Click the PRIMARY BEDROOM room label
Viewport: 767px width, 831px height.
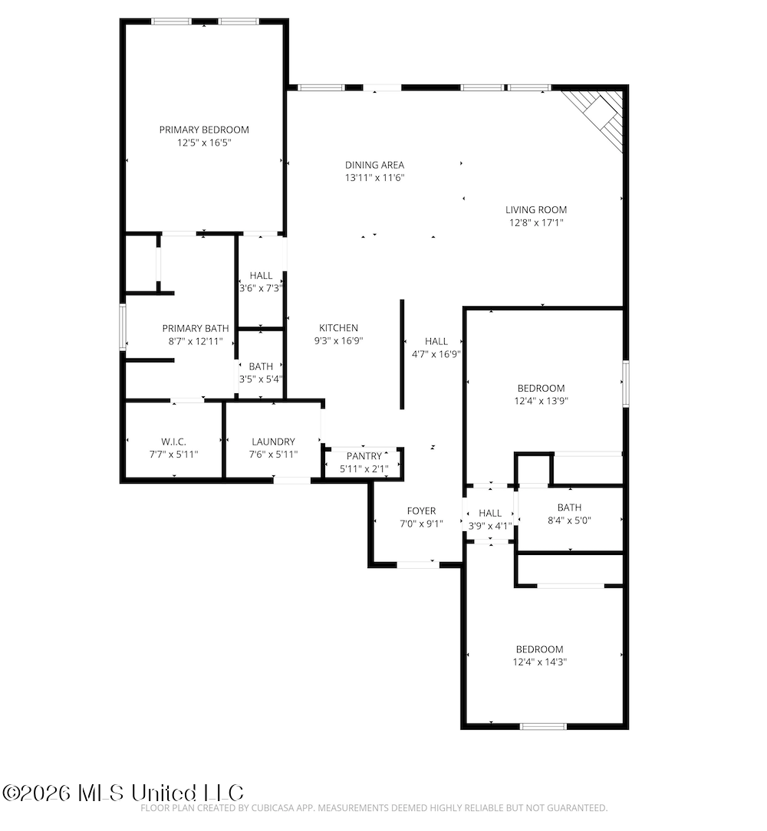(204, 130)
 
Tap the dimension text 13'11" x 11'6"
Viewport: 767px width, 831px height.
(374, 178)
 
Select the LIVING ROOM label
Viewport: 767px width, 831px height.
(535, 210)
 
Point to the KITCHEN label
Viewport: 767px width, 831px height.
(338, 328)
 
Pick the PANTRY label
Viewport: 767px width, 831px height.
(364, 456)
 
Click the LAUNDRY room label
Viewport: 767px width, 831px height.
(273, 442)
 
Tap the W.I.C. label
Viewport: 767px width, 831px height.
(173, 442)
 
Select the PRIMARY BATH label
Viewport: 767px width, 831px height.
(196, 329)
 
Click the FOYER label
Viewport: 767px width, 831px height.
(421, 511)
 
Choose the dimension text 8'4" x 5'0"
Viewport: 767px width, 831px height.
(569, 521)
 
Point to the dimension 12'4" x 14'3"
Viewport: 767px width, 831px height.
(540, 662)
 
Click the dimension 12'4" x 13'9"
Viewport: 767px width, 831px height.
(541, 401)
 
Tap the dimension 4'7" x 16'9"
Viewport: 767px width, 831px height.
(436, 354)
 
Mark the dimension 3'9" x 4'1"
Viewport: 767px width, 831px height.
(490, 526)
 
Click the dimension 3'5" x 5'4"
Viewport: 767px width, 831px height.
(261, 379)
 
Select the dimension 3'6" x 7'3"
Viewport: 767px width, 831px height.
(261, 288)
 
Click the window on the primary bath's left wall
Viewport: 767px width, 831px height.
(123, 327)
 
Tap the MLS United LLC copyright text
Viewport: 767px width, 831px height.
(123, 793)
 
